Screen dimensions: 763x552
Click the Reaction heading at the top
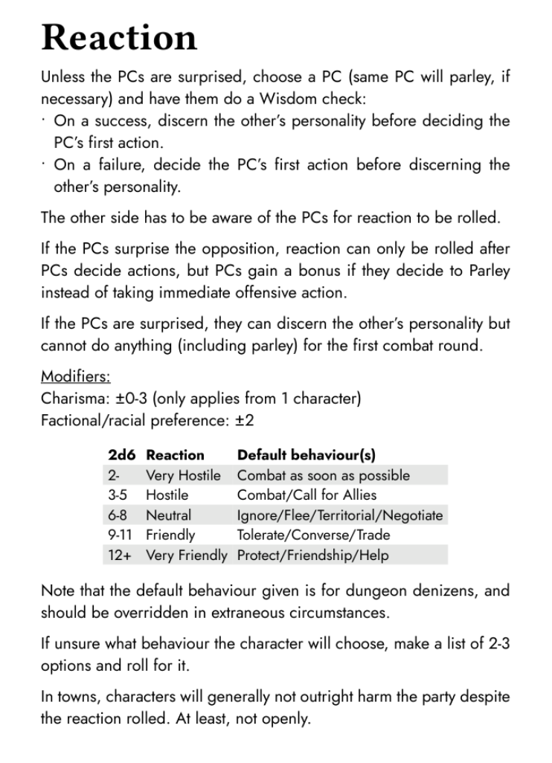[119, 37]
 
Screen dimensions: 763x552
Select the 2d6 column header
[121, 454]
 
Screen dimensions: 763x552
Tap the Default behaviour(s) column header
[307, 454]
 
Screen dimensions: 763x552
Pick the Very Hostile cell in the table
[183, 474]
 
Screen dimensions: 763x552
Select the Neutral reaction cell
[168, 515]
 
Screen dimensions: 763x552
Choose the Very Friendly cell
[186, 555]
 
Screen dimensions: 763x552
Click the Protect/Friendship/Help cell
[312, 555]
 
